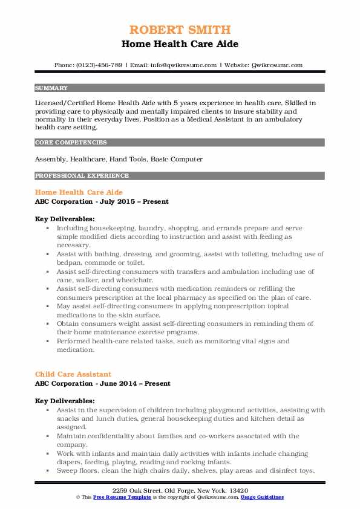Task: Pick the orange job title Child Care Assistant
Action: coord(73,374)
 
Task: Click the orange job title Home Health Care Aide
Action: coord(79,192)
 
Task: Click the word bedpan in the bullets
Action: coord(67,264)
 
